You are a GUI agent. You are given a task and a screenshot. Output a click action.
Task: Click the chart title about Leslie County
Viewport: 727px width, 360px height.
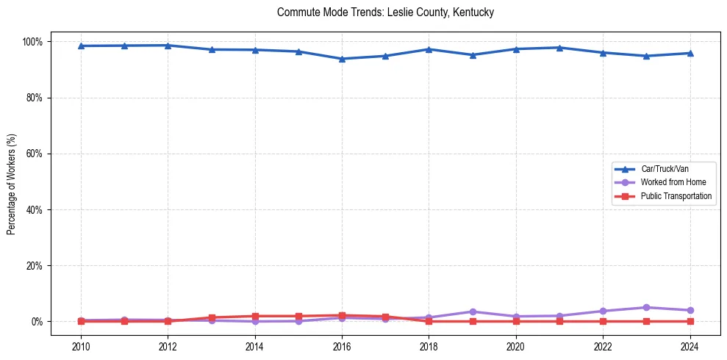[x=385, y=13]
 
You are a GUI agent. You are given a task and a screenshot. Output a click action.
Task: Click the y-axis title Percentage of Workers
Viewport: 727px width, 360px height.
[x=12, y=181]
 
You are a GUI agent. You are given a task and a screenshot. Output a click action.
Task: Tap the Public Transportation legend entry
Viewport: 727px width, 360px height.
[x=676, y=196]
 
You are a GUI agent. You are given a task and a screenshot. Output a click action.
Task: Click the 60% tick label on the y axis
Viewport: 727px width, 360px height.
[x=34, y=154]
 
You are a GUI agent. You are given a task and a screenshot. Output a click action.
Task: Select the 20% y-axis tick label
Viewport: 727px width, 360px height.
[x=34, y=266]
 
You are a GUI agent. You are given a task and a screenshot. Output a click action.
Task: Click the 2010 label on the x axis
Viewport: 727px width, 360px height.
[x=81, y=345]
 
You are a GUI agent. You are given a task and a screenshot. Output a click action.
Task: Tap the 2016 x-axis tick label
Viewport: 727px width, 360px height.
[x=342, y=345]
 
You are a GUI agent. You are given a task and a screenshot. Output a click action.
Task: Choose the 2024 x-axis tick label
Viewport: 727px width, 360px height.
[x=690, y=345]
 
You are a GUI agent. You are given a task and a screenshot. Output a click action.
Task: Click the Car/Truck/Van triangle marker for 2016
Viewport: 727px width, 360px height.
[x=342, y=59]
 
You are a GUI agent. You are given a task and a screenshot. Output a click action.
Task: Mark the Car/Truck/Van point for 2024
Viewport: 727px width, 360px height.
[x=690, y=53]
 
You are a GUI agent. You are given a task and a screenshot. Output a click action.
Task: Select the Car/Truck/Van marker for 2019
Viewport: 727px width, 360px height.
[x=473, y=55]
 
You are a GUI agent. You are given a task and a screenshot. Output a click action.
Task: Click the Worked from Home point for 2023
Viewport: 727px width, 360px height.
[x=647, y=308]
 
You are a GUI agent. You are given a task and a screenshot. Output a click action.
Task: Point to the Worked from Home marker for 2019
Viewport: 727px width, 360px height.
[x=473, y=312]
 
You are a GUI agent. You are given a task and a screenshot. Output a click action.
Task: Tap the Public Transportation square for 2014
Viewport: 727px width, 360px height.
[x=255, y=316]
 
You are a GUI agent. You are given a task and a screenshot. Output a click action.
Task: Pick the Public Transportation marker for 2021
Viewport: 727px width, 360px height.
[x=559, y=321]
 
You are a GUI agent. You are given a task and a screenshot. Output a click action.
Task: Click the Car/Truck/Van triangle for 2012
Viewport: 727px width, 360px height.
[x=168, y=46]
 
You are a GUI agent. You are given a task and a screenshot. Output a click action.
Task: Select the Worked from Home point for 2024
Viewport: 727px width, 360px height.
[x=690, y=310]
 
